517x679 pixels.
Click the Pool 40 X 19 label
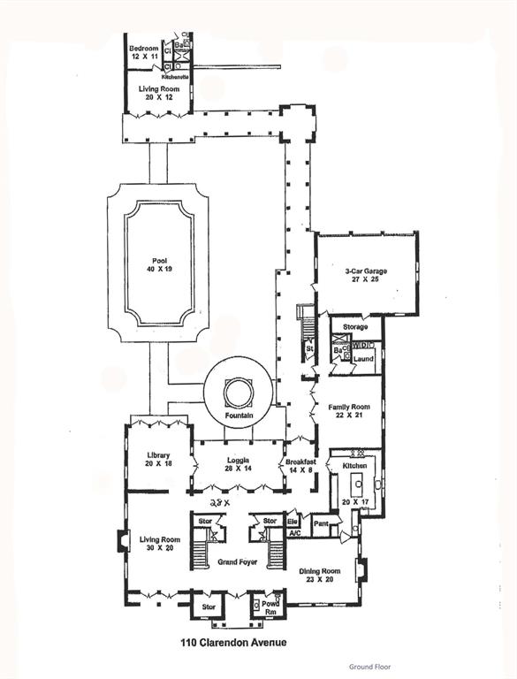click(159, 264)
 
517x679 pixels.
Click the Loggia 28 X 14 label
click(238, 465)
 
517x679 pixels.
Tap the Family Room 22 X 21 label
click(348, 412)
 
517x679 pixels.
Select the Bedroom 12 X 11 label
click(143, 51)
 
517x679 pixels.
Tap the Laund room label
click(363, 360)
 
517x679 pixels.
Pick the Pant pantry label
click(321, 523)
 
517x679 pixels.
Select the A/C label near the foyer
click(294, 533)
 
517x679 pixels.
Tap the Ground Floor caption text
click(368, 667)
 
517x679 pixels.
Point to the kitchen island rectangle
click(357, 482)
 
